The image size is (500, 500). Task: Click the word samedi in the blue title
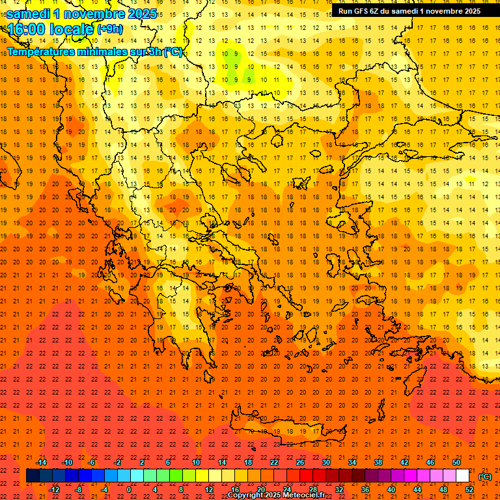point(30,14)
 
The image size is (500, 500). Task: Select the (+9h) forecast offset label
point(109,29)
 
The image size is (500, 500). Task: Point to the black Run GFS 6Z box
point(409,10)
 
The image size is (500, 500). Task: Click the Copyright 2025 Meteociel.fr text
point(276,495)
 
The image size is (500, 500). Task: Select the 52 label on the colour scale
point(469,490)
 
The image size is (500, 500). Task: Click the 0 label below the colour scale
point(129,490)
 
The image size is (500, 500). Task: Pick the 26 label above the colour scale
point(300,462)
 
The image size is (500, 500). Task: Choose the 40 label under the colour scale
point(391,490)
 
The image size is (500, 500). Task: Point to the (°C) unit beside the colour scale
point(485,476)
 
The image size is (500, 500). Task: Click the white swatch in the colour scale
point(462,476)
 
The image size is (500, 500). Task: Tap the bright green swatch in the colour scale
point(176,476)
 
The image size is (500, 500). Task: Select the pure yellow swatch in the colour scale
point(202,476)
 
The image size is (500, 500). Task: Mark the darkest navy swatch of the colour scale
point(33,476)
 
